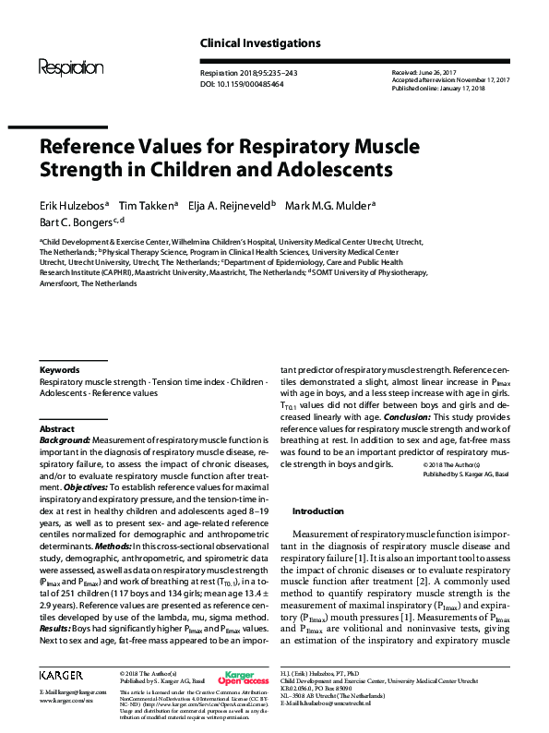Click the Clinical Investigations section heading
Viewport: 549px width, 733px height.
tap(260, 43)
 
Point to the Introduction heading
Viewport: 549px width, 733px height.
tap(317, 511)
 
